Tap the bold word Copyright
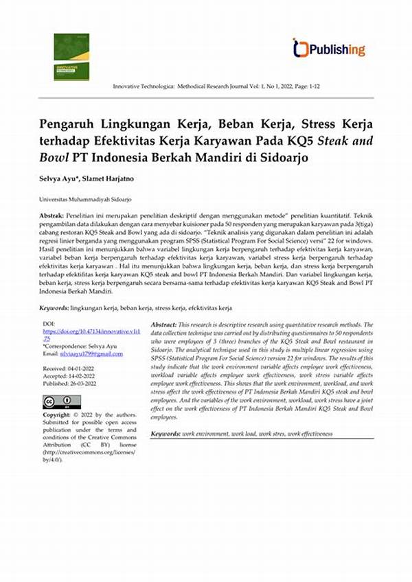click(56, 415)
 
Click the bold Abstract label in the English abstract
click(163, 324)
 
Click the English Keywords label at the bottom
click(165, 434)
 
